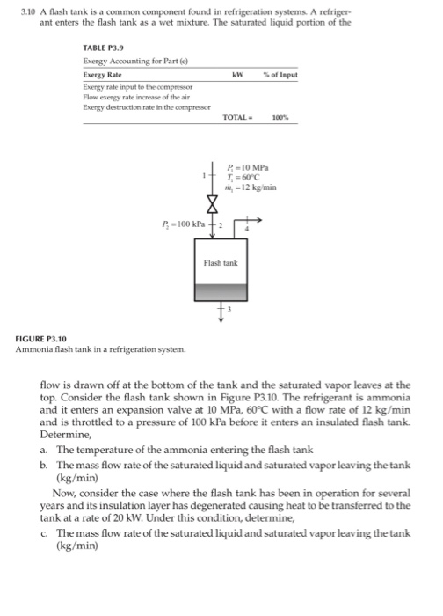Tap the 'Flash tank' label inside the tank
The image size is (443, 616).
point(220,263)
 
